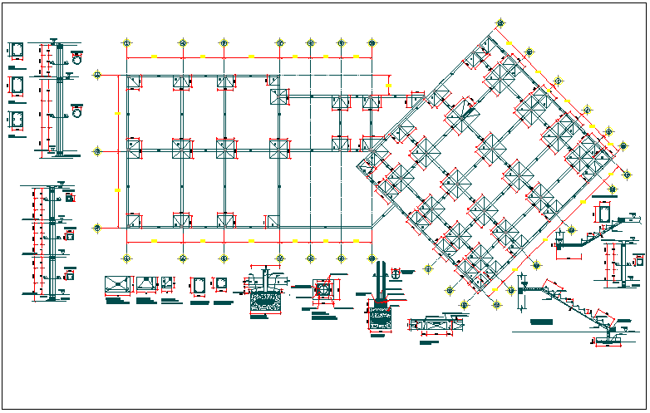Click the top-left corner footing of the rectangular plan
(x=134, y=81)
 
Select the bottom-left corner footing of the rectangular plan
(x=134, y=220)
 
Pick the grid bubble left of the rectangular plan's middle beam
(x=98, y=151)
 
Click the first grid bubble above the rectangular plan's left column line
(x=126, y=42)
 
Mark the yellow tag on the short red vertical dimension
(x=388, y=83)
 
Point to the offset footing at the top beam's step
(x=278, y=96)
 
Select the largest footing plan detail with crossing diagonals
(x=119, y=285)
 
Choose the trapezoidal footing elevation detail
(x=147, y=285)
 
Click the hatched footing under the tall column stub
(x=381, y=318)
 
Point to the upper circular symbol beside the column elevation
(x=77, y=60)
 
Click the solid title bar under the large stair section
(x=546, y=321)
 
